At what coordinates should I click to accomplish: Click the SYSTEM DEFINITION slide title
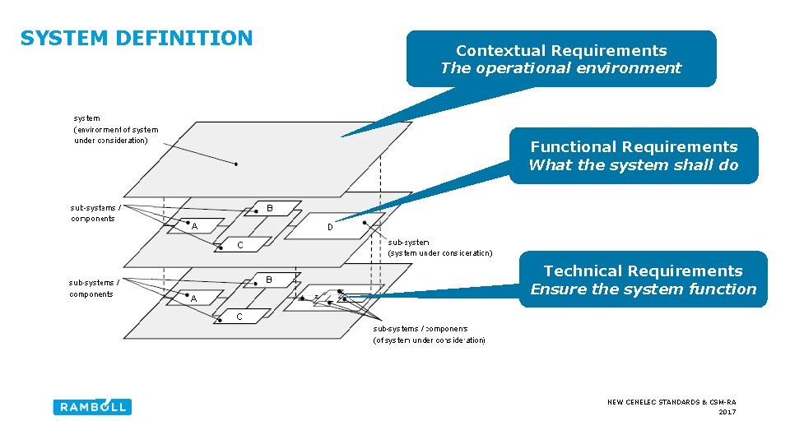point(137,39)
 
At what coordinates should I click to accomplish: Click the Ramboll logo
point(92,406)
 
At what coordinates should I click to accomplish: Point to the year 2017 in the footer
point(727,412)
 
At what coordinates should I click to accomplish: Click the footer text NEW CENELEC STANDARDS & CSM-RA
point(671,402)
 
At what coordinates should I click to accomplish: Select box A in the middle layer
point(195,226)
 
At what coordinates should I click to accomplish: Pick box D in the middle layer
point(329,227)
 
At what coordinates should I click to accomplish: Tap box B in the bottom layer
point(269,280)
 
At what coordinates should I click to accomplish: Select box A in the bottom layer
point(194,298)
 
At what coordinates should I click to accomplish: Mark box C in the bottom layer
point(239,316)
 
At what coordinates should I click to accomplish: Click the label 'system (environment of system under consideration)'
point(115,129)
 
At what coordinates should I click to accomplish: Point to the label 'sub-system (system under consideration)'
point(439,247)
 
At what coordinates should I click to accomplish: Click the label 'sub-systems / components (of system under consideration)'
point(429,334)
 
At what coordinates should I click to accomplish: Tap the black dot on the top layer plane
point(236,164)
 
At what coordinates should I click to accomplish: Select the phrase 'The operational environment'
point(561,68)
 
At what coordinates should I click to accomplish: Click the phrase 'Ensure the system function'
point(643,289)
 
